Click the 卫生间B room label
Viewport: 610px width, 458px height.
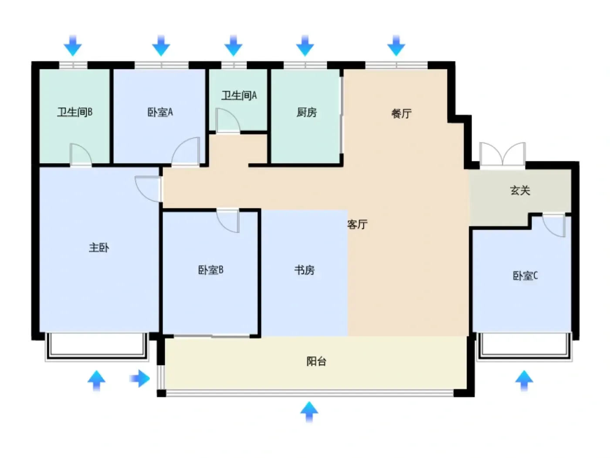point(75,112)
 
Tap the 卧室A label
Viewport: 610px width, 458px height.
point(160,112)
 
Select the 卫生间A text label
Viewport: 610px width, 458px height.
point(239,96)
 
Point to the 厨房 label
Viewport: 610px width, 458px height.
point(306,113)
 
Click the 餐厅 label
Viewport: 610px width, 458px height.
point(401,113)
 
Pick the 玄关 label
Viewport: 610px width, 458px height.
point(520,191)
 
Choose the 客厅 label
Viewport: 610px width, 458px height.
point(357,224)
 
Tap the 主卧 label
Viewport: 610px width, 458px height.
point(99,247)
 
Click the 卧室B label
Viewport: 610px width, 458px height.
point(210,270)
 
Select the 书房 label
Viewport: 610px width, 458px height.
point(304,270)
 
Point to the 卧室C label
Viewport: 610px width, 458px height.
point(525,276)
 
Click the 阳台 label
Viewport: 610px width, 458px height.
point(316,361)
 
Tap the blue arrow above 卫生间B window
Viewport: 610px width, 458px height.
point(73,46)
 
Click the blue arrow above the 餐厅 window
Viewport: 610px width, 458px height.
point(396,46)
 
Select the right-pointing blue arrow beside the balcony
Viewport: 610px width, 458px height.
point(140,378)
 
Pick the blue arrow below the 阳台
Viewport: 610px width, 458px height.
point(309,412)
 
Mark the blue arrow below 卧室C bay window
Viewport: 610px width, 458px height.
point(524,381)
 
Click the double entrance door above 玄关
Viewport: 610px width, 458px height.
point(502,154)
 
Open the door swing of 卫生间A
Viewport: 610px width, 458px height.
point(227,120)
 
